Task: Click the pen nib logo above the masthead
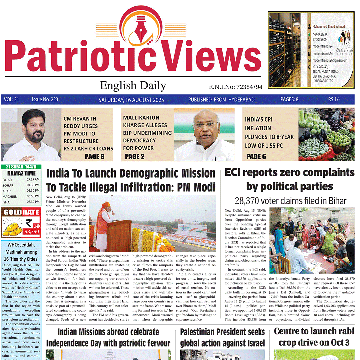pos(141,28)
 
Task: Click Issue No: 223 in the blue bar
pos(45,100)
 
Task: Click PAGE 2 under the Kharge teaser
pos(135,156)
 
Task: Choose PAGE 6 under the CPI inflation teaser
pos(256,156)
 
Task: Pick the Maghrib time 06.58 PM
pos(33,197)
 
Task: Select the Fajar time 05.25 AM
pos(33,179)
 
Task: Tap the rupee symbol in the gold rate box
pos(28,222)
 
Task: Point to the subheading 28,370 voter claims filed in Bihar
pos(290,201)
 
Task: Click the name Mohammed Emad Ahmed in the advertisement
pos(328,27)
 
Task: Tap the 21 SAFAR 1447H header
pos(21,167)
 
